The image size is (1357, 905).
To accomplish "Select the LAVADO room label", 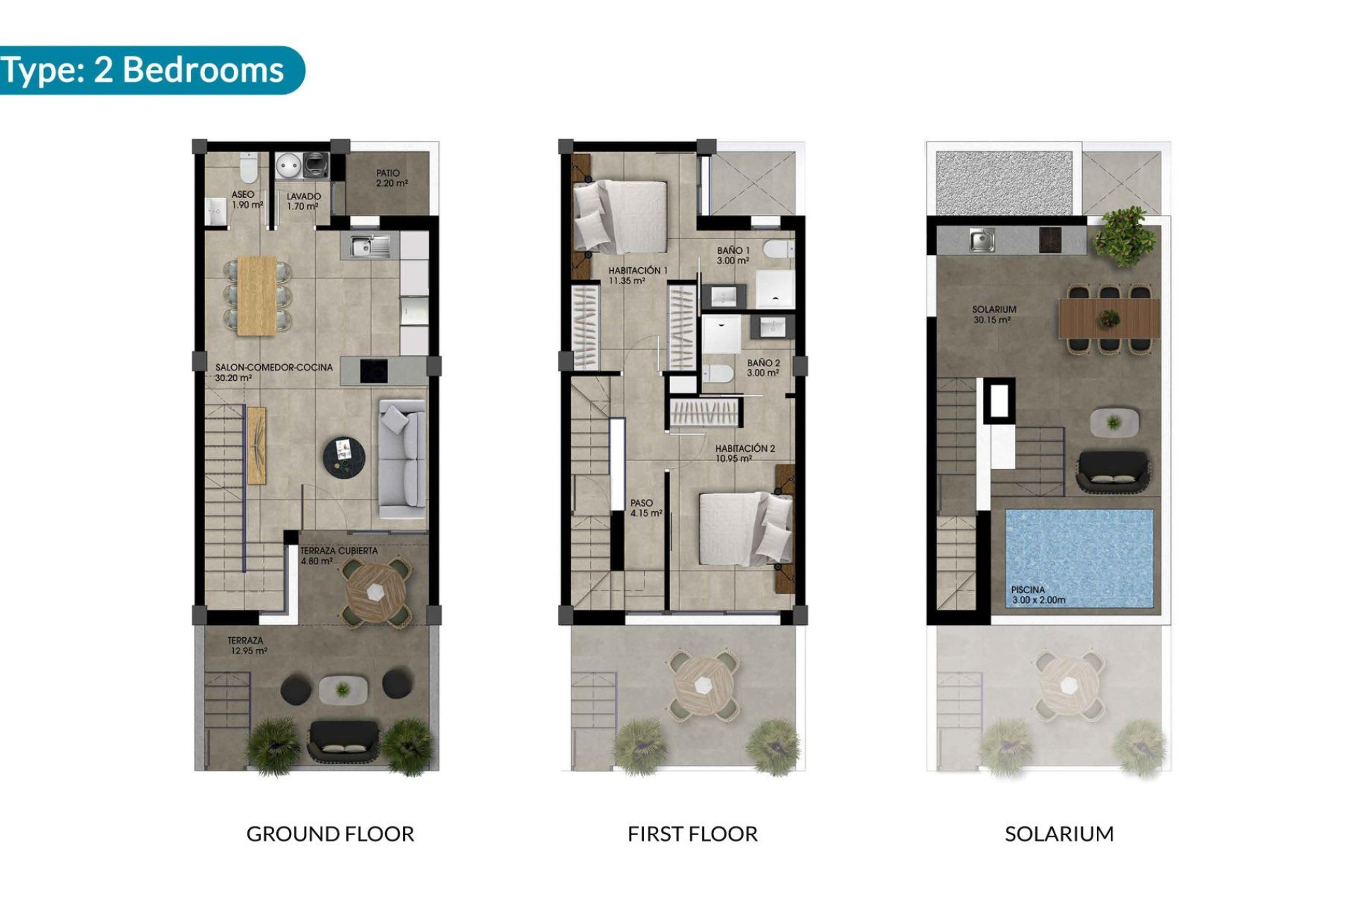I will [x=303, y=202].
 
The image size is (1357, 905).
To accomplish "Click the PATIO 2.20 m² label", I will [x=391, y=178].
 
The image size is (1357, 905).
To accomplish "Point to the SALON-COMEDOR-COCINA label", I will [x=274, y=373].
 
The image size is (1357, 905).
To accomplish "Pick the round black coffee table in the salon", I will [x=344, y=457].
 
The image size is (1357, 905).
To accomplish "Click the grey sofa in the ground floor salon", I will [x=402, y=459].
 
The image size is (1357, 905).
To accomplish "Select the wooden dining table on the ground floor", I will [x=257, y=295].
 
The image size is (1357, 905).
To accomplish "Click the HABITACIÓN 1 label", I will [x=637, y=276].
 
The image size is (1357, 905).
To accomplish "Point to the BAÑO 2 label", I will [x=763, y=368].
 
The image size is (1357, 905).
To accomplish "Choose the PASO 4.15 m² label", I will [x=645, y=508].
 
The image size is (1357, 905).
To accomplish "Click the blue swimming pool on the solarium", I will [x=1079, y=551].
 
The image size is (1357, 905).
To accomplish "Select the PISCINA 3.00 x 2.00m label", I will [x=1038, y=595].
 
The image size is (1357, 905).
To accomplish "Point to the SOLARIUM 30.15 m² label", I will [x=993, y=315].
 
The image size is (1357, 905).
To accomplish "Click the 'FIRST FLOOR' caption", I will [x=692, y=834].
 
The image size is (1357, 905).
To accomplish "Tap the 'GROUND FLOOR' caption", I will [x=330, y=834].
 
